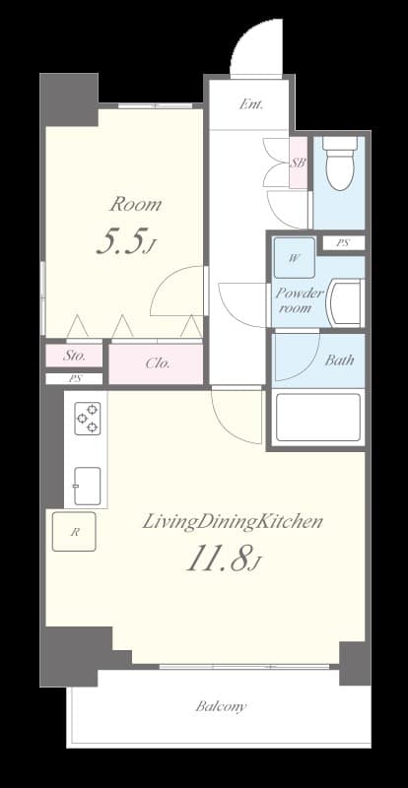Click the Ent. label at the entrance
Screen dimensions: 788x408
(249, 101)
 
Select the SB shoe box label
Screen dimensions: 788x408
(298, 164)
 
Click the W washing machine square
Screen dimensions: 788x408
(294, 258)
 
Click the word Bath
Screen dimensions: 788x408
(339, 361)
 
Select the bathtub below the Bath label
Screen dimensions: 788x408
(318, 417)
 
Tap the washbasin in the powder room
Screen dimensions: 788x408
(345, 302)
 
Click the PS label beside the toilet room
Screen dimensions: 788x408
(342, 243)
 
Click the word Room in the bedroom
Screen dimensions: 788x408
(135, 205)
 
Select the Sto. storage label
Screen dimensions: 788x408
(75, 355)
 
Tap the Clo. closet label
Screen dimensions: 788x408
(157, 362)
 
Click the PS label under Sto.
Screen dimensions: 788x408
(74, 378)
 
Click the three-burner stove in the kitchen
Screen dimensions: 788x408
(87, 418)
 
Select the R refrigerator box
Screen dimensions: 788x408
(74, 533)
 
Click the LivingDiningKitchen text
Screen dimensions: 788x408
(233, 522)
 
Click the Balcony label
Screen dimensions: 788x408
(221, 706)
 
